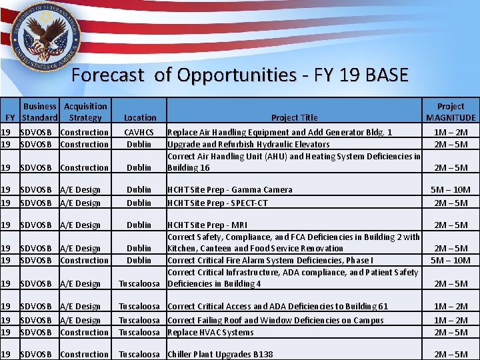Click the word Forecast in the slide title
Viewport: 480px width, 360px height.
(107, 75)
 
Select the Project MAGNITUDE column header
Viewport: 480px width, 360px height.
(451, 112)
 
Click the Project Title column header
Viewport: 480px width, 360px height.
(294, 118)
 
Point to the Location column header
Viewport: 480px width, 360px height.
(139, 118)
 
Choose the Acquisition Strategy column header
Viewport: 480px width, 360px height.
(85, 112)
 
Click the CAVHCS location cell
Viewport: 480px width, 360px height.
(139, 133)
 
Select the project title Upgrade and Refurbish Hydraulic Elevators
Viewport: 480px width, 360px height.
(248, 145)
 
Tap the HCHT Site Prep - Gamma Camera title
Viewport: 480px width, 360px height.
(230, 190)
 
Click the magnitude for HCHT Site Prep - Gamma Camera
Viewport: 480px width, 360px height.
(451, 190)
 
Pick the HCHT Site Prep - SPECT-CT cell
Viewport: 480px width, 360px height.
(227, 203)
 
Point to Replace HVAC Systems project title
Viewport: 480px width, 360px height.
(211, 333)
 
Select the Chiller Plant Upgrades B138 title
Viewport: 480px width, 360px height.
(220, 355)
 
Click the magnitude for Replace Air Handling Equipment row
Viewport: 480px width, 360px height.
(451, 133)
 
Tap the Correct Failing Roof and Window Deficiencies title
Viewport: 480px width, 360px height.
(275, 321)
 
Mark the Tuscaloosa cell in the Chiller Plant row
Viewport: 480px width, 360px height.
(139, 355)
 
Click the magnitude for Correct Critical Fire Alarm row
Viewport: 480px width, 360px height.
(451, 261)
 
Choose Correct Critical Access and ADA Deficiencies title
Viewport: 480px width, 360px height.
(277, 307)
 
